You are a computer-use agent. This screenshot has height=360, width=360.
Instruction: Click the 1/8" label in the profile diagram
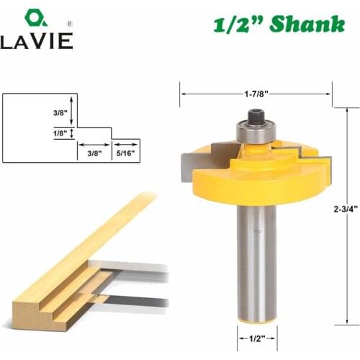[x=60, y=134]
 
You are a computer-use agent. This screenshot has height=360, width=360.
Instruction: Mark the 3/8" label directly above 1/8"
[x=60, y=112]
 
